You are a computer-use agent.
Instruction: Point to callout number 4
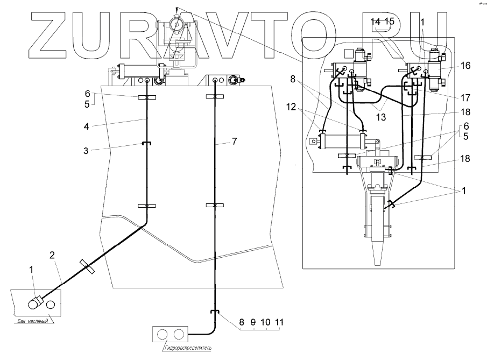(87, 127)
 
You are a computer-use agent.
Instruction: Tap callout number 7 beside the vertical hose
(234, 141)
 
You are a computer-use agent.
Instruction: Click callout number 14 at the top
(376, 22)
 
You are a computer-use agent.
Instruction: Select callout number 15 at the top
(389, 22)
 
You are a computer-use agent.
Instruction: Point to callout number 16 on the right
(465, 66)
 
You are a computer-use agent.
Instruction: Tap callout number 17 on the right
(465, 98)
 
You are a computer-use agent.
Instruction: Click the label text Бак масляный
(32, 321)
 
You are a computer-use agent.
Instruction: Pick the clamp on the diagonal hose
(87, 266)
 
